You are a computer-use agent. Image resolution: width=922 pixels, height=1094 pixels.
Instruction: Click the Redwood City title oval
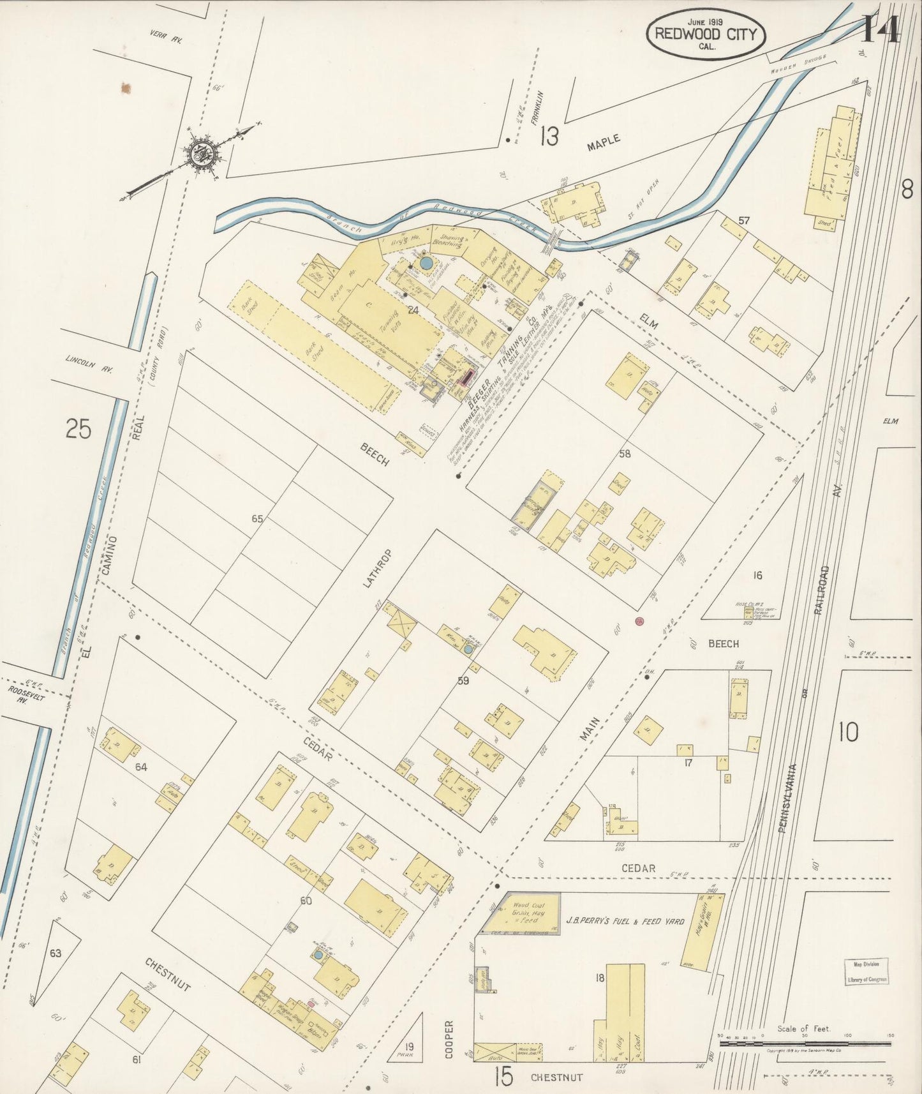[x=706, y=34]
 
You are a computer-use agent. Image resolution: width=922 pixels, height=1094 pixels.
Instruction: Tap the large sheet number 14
[x=882, y=29]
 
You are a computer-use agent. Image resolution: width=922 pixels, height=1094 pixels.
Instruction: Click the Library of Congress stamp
[x=866, y=971]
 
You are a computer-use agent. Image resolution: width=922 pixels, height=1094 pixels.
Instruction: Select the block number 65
[x=257, y=519]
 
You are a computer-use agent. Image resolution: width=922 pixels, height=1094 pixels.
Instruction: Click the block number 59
[x=463, y=681]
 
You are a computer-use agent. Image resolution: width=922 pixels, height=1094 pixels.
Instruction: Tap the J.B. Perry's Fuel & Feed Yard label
[x=625, y=921]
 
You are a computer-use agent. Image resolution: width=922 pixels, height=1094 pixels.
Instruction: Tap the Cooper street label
[x=449, y=1040]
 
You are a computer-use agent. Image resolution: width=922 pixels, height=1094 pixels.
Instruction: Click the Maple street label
[x=603, y=143]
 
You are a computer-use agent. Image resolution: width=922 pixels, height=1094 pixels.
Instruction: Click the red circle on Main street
[x=639, y=621]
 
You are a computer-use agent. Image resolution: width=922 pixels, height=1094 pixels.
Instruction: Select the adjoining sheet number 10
[x=848, y=732]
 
